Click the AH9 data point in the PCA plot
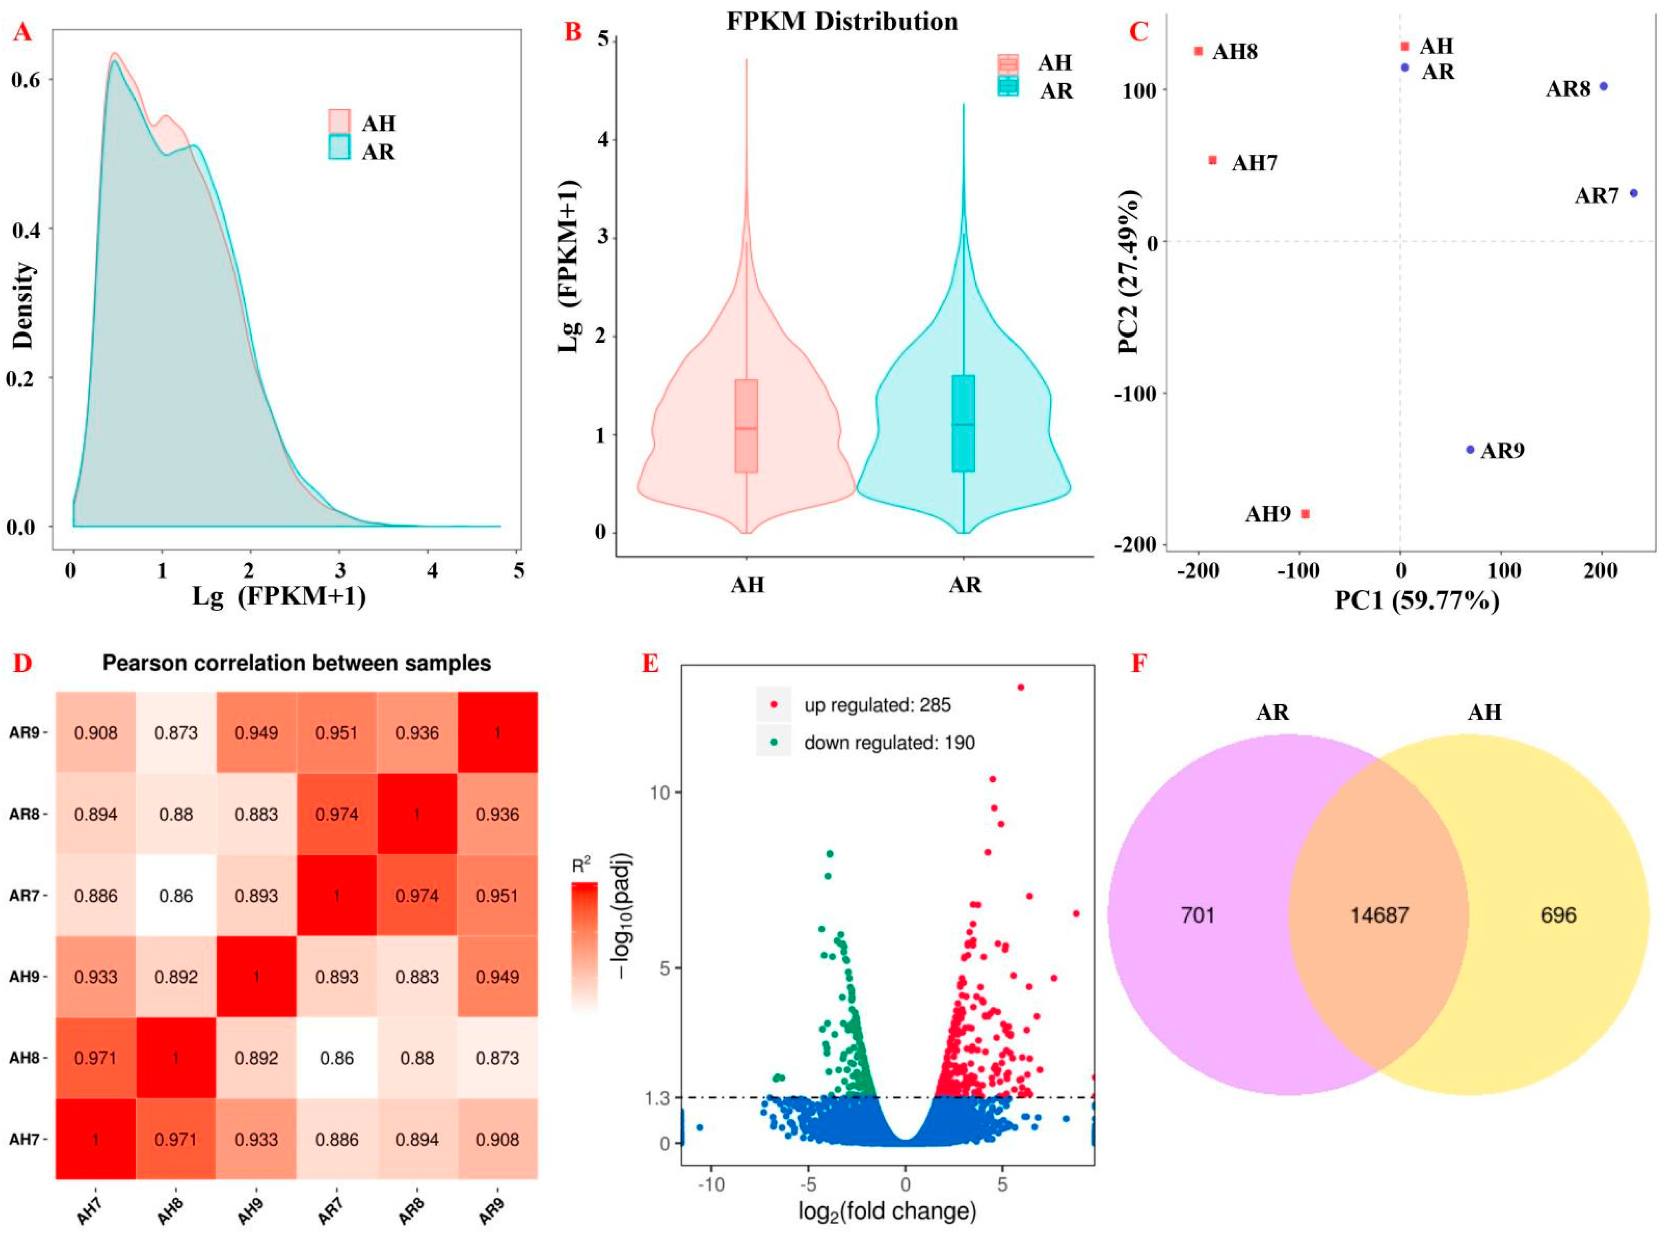pos(1305,514)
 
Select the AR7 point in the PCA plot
pos(1633,193)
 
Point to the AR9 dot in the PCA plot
pos(1470,449)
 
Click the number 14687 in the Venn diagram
pos(1379,915)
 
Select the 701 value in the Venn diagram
pos(1198,915)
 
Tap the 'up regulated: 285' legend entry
pos(877,705)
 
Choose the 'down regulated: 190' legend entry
pos(888,743)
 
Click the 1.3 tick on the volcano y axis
pos(658,1097)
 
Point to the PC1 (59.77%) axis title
pos(1416,600)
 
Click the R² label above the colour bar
pos(582,866)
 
